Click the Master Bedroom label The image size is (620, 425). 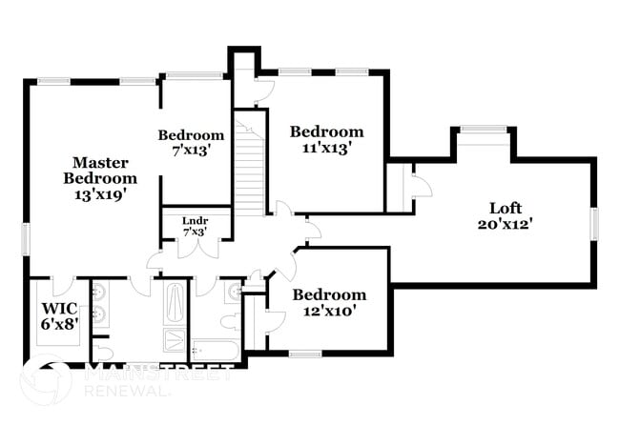coord(99,170)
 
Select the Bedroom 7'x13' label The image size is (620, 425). coord(191,142)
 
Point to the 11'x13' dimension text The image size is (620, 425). coord(327,148)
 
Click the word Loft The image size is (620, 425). coord(505,208)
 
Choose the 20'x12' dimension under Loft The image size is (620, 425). coord(505,224)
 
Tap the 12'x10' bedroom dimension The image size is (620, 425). coord(329,312)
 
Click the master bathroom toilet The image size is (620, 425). coord(102,354)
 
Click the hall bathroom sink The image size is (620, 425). coord(234,292)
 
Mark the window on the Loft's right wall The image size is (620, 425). coord(593,223)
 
